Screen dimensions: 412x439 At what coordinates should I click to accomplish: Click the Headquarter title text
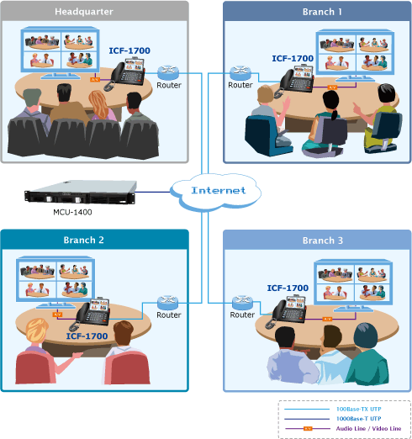coord(84,12)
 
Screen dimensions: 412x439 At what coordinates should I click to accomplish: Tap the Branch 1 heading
coord(322,12)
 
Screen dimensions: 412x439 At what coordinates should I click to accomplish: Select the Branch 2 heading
coord(83,240)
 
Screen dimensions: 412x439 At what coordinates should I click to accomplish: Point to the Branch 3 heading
coord(323,241)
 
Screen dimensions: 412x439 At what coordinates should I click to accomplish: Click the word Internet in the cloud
coord(219,190)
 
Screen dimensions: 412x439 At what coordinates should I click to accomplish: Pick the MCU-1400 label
coord(72,212)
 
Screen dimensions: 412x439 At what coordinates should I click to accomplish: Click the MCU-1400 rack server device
coord(81,192)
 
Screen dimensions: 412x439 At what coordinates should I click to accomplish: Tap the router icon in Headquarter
coord(168,72)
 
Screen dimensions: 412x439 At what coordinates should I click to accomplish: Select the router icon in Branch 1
coord(240,73)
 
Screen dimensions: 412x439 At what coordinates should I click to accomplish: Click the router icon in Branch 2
coord(168,303)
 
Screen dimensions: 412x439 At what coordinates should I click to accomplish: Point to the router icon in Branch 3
coord(243,303)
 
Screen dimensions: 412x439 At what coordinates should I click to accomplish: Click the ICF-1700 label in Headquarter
coord(129,50)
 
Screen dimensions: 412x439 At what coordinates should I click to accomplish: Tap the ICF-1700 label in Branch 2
coord(87,336)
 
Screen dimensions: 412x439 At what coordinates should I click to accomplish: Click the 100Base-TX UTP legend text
coord(359,409)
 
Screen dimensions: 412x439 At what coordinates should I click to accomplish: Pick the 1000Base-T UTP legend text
coord(359,419)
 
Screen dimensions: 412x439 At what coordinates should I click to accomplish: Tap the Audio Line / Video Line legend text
coord(368,428)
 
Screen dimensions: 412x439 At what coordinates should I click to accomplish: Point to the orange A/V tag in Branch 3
coord(327,319)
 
